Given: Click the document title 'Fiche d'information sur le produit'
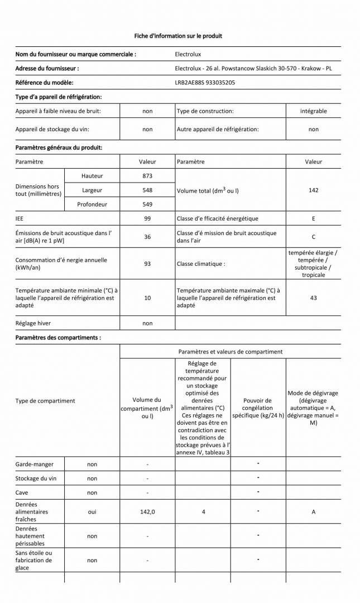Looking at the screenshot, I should click(178, 36).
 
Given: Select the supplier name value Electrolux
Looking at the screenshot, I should click(188, 54).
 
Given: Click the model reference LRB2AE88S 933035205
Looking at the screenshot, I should click(205, 82).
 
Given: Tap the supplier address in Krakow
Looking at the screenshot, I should click(253, 68).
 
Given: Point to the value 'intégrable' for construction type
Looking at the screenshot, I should click(313, 111).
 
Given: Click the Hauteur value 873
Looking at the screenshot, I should click(147, 176).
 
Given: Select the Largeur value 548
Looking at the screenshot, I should click(147, 190).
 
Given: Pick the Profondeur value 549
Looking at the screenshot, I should click(147, 204).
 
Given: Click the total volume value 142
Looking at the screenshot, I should click(313, 190).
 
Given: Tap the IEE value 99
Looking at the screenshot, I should click(147, 218).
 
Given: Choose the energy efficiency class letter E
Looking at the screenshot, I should click(313, 218).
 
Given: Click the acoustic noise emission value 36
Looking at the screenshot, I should click(147, 237).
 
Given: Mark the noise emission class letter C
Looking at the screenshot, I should click(313, 237).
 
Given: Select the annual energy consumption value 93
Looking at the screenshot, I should click(147, 264).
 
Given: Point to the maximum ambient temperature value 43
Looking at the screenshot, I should click(313, 298).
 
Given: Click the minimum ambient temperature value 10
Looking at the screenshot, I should click(147, 298).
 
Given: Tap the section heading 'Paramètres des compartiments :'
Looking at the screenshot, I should click(58, 338).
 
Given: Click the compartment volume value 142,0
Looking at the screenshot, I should click(147, 512).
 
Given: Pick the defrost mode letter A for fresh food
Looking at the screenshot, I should click(313, 512).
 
